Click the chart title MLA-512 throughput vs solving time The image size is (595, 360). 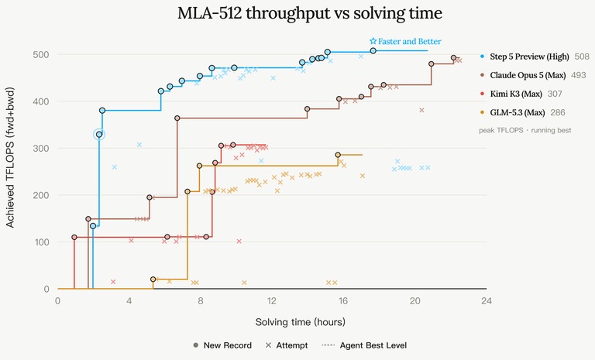click(x=310, y=13)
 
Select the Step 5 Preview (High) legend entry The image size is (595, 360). click(x=529, y=57)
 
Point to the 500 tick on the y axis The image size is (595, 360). click(x=40, y=55)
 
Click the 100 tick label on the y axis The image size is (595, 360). click(x=42, y=242)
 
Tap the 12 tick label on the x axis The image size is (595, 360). click(x=272, y=301)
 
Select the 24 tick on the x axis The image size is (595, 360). click(x=486, y=301)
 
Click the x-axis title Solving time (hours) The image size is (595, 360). click(x=300, y=322)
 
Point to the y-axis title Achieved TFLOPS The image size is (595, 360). click(x=10, y=157)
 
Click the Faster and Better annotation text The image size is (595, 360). click(x=409, y=41)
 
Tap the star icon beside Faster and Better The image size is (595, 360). click(x=373, y=41)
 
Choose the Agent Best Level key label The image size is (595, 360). click(x=373, y=345)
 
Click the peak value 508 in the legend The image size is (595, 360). click(x=582, y=57)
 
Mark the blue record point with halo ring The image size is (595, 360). click(x=99, y=134)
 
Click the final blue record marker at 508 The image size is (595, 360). click(x=373, y=51)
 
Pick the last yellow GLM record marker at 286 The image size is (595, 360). click(x=338, y=155)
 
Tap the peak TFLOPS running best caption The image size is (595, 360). click(x=524, y=130)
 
